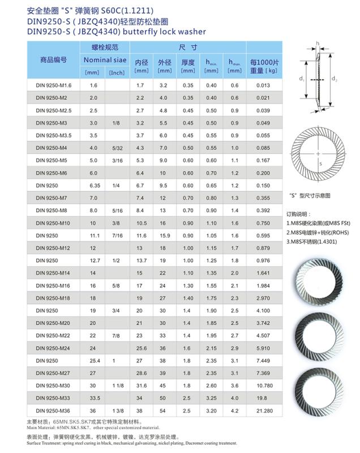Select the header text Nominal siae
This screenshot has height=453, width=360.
[x=105, y=59]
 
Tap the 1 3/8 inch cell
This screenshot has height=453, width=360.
[x=117, y=409]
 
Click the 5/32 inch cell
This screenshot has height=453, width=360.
[x=117, y=148]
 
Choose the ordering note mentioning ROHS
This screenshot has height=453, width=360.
[x=316, y=233]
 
